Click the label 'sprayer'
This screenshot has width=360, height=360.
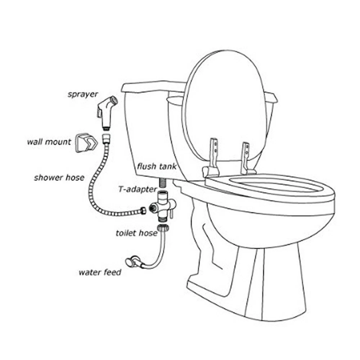click(83, 95)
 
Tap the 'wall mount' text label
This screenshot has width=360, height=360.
click(49, 142)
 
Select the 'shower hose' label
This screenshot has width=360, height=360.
click(59, 177)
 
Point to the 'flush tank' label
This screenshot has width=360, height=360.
click(157, 166)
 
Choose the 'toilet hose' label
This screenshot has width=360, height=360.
click(136, 233)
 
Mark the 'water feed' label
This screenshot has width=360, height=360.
click(100, 272)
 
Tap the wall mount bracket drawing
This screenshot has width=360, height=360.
click(86, 143)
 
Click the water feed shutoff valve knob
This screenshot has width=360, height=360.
click(130, 262)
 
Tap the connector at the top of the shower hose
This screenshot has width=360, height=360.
click(106, 138)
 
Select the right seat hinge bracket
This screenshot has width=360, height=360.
click(246, 159)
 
